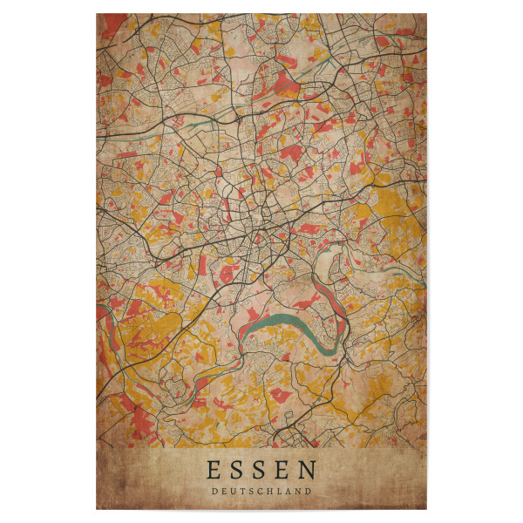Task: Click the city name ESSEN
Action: (261, 472)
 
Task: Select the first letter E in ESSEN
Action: (214, 472)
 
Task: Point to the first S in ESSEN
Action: (238, 472)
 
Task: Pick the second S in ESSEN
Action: (261, 472)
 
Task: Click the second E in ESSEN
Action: (284, 472)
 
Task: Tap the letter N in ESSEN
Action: (309, 472)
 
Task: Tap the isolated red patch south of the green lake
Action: (280, 395)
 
